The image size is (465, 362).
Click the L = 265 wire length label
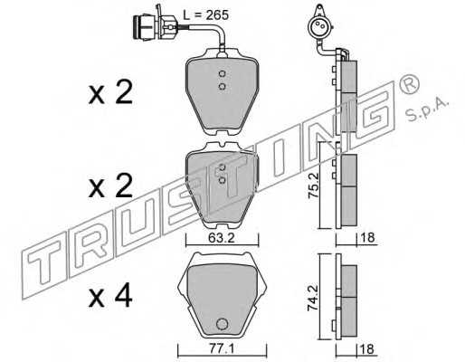[x=206, y=14]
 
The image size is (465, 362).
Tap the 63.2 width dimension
[x=221, y=238]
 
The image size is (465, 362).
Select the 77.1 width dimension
[x=222, y=349]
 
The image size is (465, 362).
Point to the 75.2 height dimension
[x=312, y=187]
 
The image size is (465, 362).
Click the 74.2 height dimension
[x=312, y=299]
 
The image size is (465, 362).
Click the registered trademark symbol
[x=409, y=83]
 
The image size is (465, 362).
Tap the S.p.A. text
[x=428, y=110]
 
